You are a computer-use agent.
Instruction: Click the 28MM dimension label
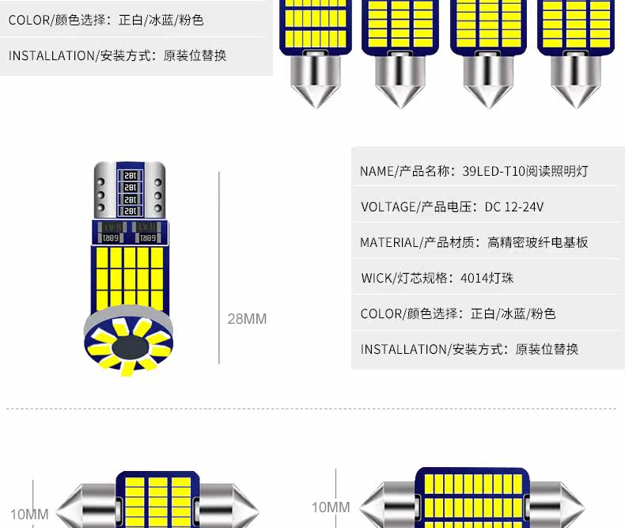[247, 319]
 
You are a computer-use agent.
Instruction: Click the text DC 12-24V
[513, 207]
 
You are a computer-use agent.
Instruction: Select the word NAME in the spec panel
[376, 171]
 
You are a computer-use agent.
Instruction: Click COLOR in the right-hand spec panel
[378, 313]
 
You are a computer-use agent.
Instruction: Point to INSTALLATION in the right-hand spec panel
[403, 349]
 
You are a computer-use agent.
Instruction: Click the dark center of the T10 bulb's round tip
[131, 348]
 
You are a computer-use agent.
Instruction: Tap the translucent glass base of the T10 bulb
[131, 190]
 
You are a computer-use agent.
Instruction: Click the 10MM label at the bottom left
[29, 514]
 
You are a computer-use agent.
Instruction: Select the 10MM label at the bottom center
[330, 507]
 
